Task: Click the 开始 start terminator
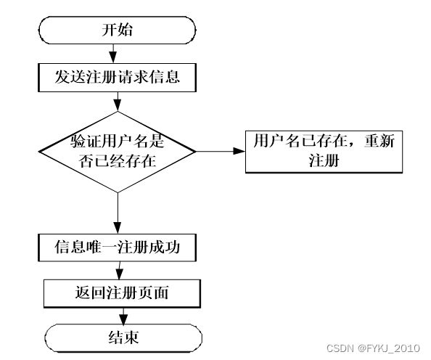[x=117, y=30]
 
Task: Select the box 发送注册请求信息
[x=117, y=77]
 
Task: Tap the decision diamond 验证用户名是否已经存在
[x=118, y=152]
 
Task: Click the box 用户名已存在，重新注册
[x=324, y=152]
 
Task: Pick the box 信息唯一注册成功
[x=117, y=247]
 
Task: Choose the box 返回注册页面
[x=122, y=293]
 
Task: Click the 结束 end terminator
[x=123, y=338]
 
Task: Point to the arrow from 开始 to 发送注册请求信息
[x=113, y=54]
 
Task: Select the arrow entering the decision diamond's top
[x=118, y=102]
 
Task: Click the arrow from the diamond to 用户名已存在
[x=221, y=151]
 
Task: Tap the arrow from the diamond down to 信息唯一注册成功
[x=118, y=213]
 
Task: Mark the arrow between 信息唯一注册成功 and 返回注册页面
[x=119, y=270]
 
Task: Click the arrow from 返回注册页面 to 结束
[x=123, y=316]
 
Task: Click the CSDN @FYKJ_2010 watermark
[x=373, y=348]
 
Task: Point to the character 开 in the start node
[x=110, y=30]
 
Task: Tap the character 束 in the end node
[x=131, y=337]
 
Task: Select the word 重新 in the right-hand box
[x=379, y=141]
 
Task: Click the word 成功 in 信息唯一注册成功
[x=165, y=247]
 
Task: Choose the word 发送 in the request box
[x=70, y=77]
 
